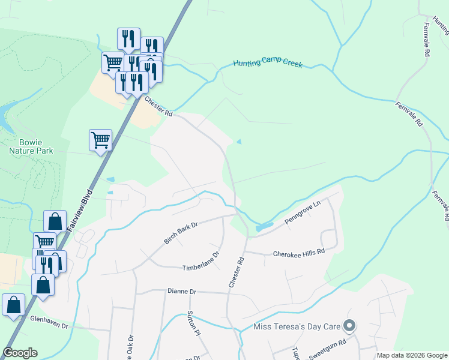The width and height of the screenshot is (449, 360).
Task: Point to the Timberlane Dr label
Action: click(201, 262)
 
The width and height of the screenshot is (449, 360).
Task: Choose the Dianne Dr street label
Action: click(182, 291)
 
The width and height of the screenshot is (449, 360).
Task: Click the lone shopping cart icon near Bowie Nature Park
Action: click(100, 140)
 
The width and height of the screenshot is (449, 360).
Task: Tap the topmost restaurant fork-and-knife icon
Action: click(128, 39)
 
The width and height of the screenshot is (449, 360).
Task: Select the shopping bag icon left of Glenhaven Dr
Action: click(13, 305)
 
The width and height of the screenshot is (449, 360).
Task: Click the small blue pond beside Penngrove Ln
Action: click(264, 227)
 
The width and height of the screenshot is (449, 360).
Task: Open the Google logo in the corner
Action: click(20, 353)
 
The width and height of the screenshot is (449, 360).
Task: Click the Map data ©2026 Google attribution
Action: click(412, 355)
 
